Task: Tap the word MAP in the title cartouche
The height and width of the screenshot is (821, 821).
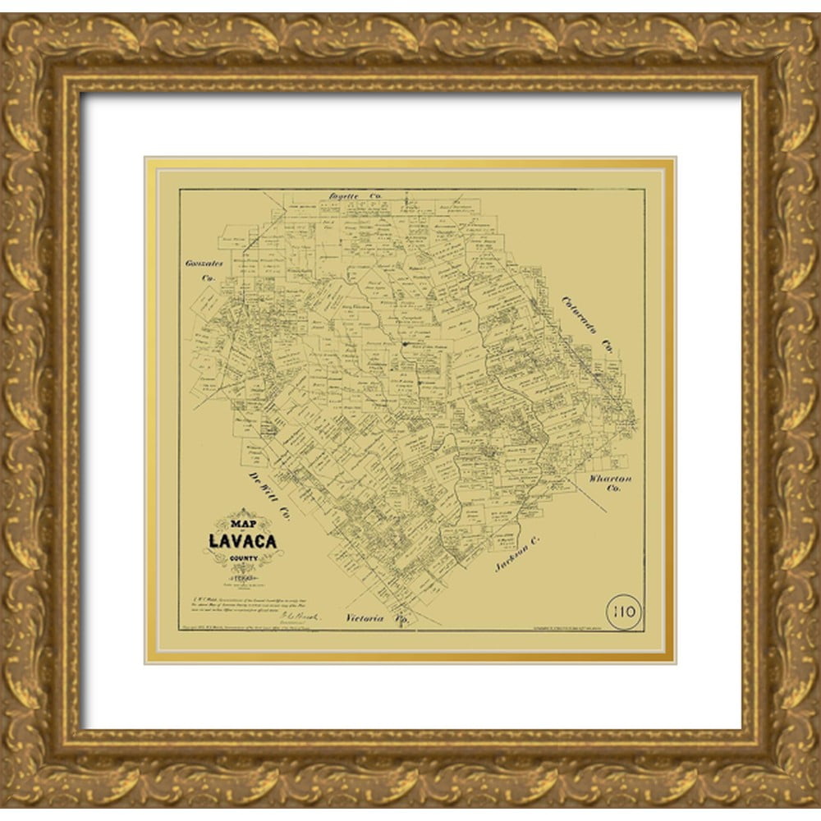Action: point(241,524)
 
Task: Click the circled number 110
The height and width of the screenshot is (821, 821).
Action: point(624,611)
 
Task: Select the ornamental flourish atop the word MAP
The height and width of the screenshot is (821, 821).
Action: point(241,513)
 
